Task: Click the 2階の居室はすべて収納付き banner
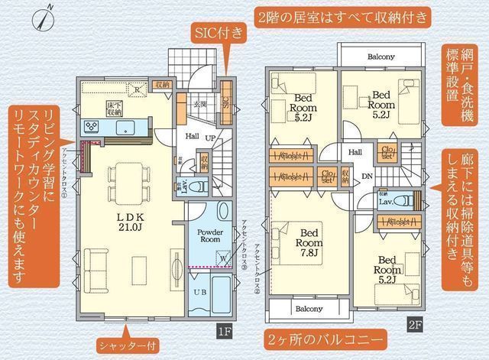[x=341, y=16]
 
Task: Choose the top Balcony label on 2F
[x=380, y=57]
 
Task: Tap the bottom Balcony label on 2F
[x=306, y=309]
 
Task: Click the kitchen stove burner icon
[x=92, y=125]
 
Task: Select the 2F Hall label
[x=356, y=152]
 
